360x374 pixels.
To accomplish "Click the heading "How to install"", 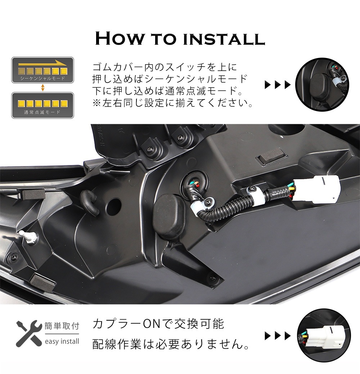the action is (180, 39).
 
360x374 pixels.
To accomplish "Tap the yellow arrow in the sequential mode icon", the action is (42, 63).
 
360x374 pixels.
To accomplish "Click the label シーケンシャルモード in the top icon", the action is (42, 78).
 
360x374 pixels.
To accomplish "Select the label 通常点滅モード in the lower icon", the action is (42, 112).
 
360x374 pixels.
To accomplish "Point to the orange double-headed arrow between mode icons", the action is (42, 88).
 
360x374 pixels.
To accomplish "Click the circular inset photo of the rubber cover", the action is (322, 84).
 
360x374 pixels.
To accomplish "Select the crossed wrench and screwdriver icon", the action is (29, 333).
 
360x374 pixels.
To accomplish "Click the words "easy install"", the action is (62, 342).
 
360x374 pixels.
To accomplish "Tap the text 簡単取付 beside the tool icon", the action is (62, 326).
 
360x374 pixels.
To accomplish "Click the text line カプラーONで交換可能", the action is (158, 324).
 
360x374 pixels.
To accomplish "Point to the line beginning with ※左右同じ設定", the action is (173, 103).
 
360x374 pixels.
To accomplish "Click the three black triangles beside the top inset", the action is (278, 85).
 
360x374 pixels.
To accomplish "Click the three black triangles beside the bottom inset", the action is (278, 336).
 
